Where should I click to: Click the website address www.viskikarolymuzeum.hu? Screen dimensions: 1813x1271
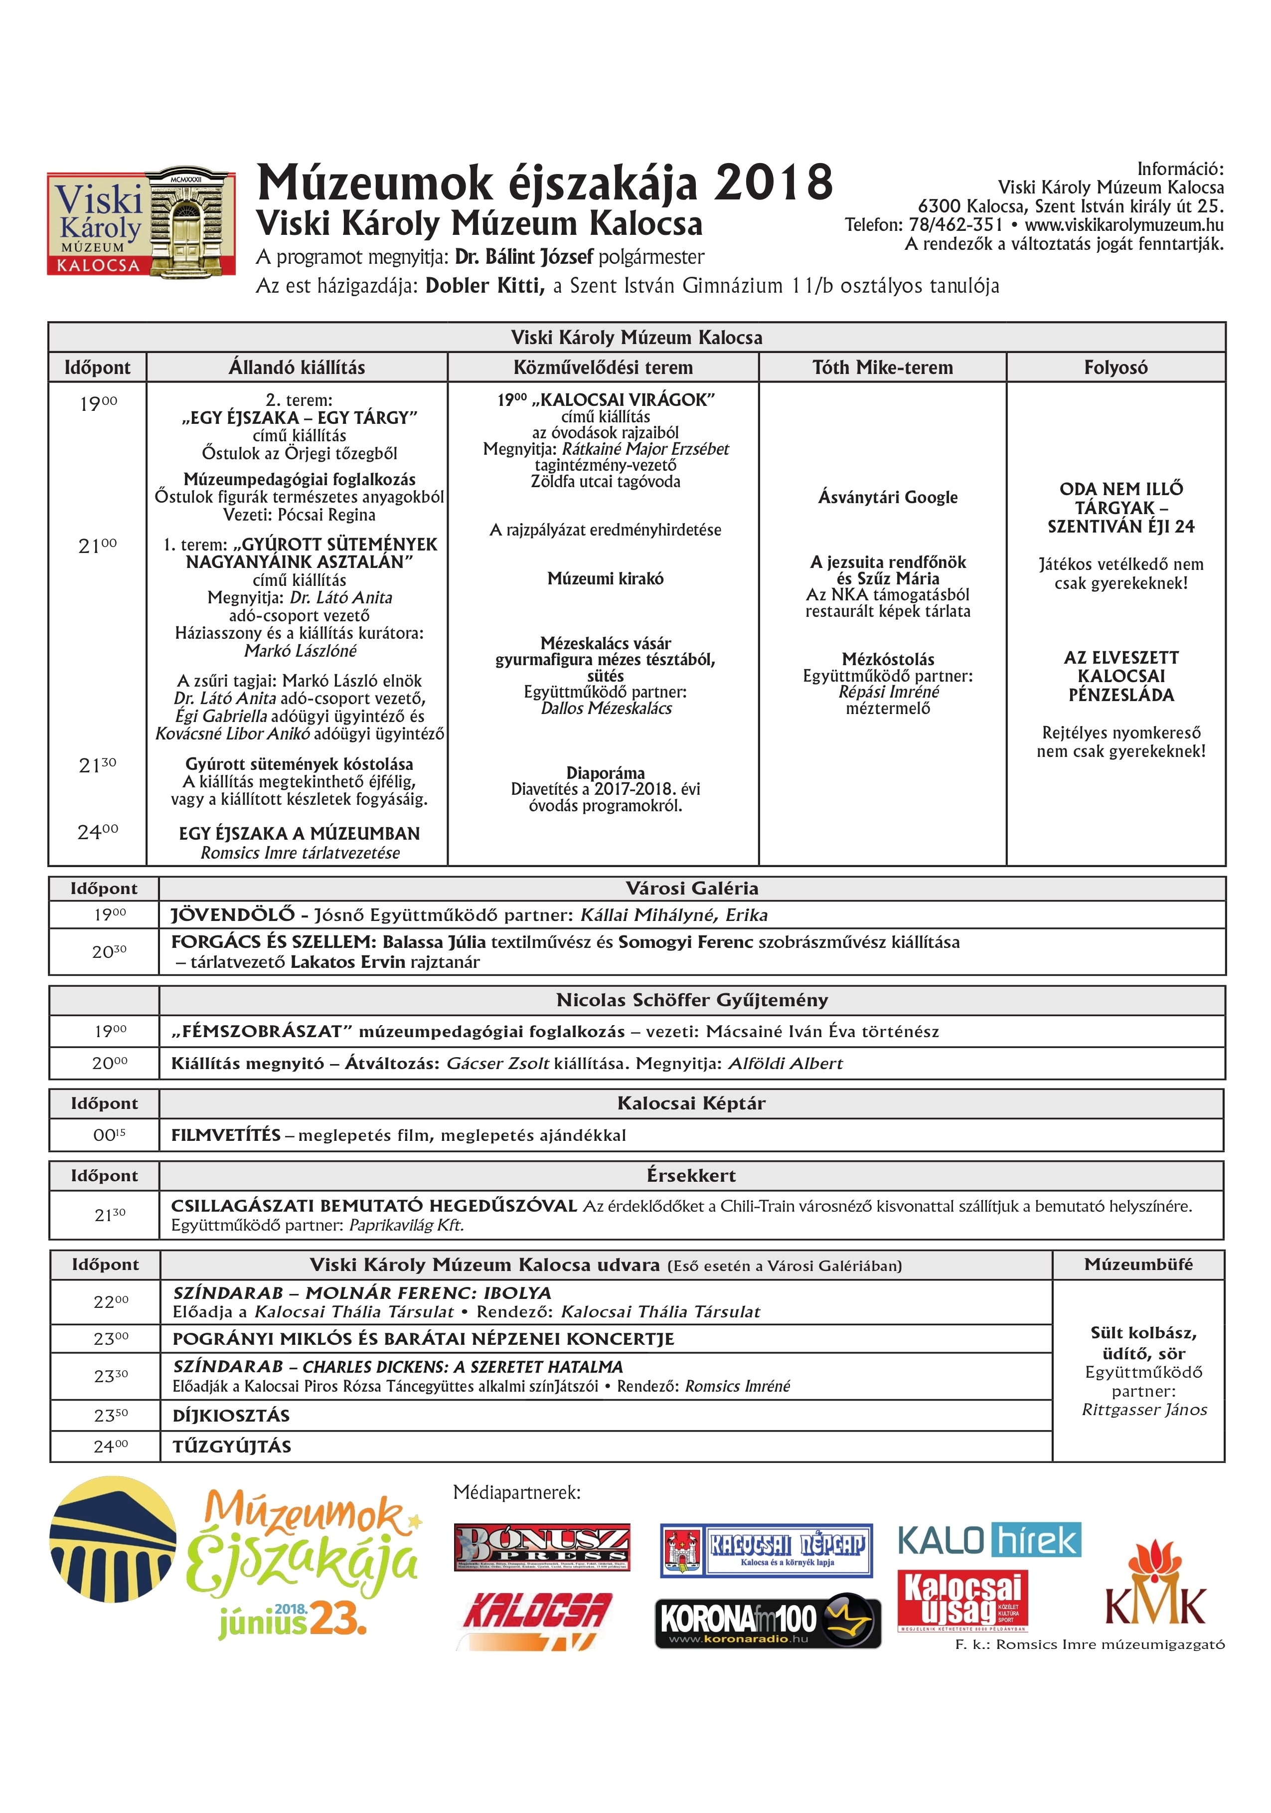(1124, 225)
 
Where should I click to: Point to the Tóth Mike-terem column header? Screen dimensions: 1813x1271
(883, 367)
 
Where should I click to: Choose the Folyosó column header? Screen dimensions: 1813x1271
(1115, 367)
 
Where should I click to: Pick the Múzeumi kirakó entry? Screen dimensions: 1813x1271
(606, 579)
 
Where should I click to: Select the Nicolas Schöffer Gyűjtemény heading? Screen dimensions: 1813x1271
(691, 1000)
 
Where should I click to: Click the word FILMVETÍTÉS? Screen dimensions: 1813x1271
(226, 1135)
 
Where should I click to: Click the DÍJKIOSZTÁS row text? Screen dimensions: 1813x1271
(231, 1416)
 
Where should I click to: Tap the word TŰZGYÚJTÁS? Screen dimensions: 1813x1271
(232, 1447)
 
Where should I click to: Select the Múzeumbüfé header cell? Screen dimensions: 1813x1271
(1138, 1264)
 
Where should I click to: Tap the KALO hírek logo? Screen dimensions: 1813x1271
(989, 1541)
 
